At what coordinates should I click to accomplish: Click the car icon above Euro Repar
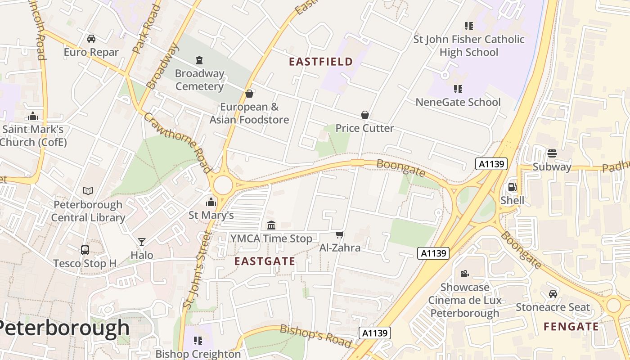[x=91, y=39]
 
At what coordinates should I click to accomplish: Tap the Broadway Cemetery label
[x=199, y=80]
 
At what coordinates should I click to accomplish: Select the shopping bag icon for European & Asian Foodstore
[x=249, y=94]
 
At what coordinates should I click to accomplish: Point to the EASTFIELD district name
[x=321, y=62]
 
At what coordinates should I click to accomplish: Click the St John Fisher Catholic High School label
[x=469, y=46]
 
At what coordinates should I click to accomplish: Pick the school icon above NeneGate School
[x=458, y=89]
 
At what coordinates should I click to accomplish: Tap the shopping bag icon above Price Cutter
[x=365, y=115]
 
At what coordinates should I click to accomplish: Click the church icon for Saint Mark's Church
[x=32, y=117]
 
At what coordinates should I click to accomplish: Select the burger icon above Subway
[x=552, y=153]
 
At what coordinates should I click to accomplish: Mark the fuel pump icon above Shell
[x=512, y=187]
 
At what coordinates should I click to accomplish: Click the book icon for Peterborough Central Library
[x=88, y=191]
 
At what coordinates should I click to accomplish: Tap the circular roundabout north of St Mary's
[x=223, y=185]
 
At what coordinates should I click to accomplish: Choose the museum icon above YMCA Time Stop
[x=271, y=225]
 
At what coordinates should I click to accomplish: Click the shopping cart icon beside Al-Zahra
[x=340, y=234]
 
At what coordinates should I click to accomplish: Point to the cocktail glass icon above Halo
[x=142, y=242]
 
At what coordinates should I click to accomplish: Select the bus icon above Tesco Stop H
[x=85, y=250]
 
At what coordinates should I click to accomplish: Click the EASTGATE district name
[x=265, y=261]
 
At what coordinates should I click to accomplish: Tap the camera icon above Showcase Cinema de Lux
[x=464, y=274]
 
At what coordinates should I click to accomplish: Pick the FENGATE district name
[x=571, y=327]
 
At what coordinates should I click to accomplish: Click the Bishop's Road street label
[x=315, y=335]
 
